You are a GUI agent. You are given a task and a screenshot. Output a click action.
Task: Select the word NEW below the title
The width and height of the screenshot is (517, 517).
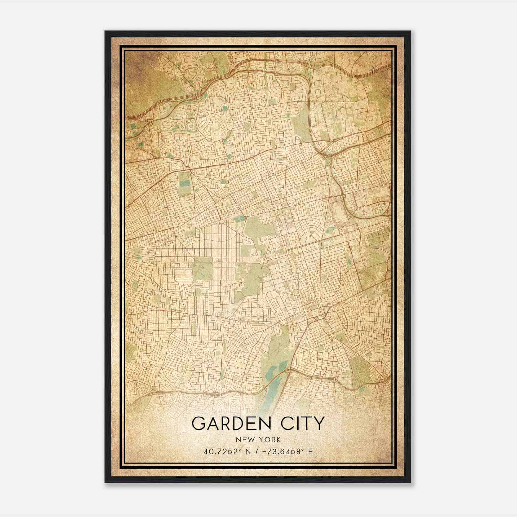point(244,440)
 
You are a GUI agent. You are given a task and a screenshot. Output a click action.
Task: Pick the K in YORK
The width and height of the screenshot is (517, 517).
point(278,440)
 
